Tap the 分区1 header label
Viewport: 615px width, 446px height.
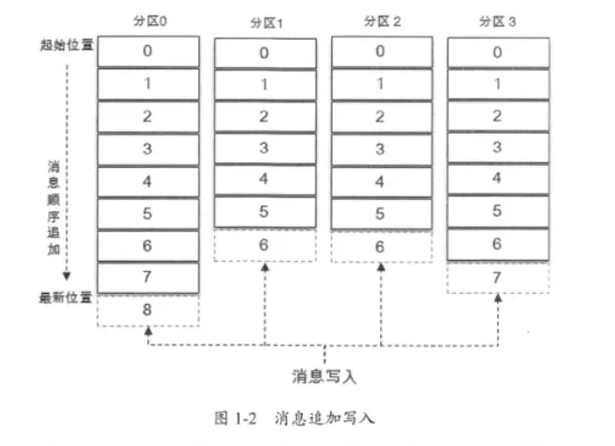coord(265,22)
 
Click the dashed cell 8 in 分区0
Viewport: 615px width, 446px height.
coord(148,310)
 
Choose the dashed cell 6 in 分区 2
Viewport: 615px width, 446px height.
coord(381,247)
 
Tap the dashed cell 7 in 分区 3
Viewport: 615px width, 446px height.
coord(497,277)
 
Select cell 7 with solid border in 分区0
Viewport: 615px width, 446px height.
coord(148,277)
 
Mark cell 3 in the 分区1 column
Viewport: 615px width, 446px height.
coord(265,147)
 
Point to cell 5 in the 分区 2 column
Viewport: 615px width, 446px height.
coord(381,213)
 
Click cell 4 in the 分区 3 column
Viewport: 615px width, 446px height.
coord(497,178)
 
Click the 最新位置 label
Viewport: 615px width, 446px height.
coord(67,299)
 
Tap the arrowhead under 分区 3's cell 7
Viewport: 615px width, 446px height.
coord(497,299)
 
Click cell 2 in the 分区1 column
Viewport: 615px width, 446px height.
coord(265,116)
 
